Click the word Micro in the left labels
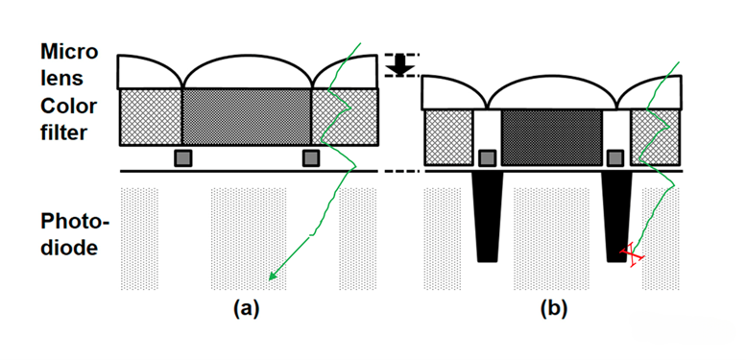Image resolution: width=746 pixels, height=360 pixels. tap(69, 52)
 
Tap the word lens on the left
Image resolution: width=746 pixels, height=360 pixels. tap(61, 78)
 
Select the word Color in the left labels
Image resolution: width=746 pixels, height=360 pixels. tap(68, 107)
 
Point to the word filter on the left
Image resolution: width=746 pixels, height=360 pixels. tap(63, 132)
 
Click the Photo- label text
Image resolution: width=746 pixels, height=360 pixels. tap(75, 222)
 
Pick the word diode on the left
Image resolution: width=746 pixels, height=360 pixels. tap(69, 249)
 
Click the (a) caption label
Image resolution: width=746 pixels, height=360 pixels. tap(247, 309)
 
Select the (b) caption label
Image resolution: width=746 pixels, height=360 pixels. tap(554, 309)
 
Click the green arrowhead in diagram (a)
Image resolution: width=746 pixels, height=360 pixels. tap(273, 275)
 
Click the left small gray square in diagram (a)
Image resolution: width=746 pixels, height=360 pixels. tap(183, 157)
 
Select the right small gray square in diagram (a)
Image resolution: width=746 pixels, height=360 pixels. tap(311, 157)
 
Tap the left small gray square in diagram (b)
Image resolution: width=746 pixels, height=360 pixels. tap(487, 157)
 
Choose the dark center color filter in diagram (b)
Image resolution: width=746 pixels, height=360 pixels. tap(552, 137)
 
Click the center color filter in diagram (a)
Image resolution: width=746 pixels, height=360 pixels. tap(247, 116)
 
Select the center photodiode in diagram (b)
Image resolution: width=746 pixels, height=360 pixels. tap(551, 239)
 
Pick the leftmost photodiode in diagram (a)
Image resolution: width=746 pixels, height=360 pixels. tap(139, 239)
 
